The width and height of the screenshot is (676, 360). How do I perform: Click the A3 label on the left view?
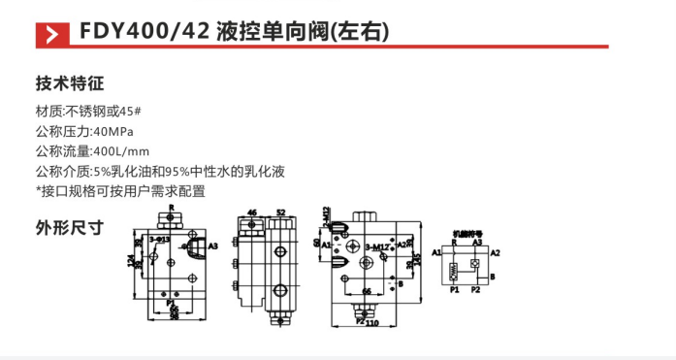point(212,246)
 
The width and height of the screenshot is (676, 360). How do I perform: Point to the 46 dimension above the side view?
point(252,211)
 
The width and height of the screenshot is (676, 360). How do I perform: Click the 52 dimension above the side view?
point(280,211)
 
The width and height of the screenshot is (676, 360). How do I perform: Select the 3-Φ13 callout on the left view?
point(160,237)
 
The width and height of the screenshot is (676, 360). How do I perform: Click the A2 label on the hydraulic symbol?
point(495,251)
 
